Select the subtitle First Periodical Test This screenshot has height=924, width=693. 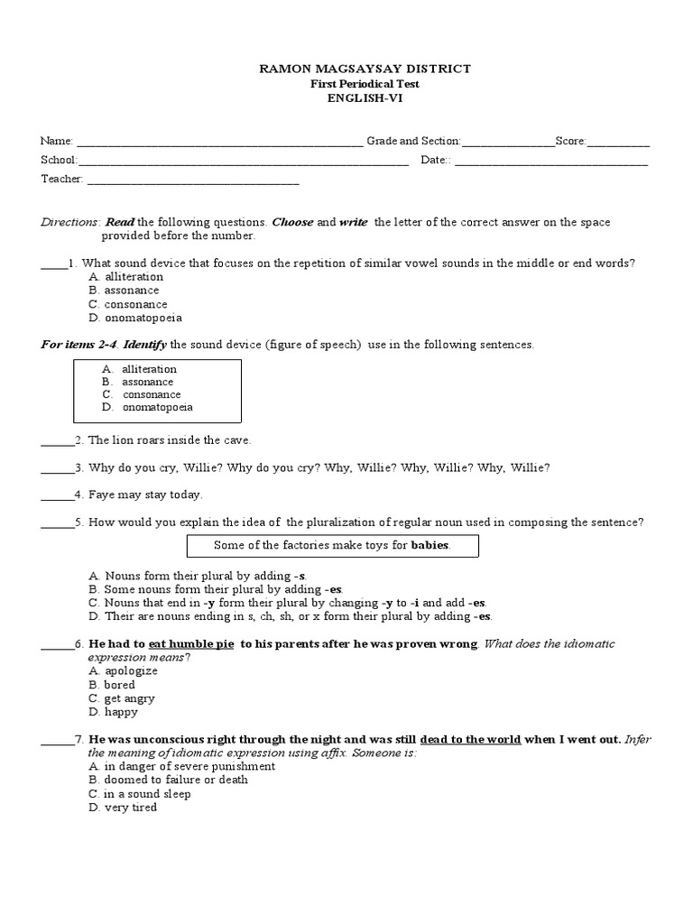click(x=354, y=84)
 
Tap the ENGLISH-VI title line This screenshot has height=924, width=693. click(x=354, y=98)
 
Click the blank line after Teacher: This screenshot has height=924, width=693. click(x=192, y=180)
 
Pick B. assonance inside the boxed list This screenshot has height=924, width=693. click(x=139, y=382)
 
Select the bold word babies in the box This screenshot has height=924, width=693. click(x=430, y=546)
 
